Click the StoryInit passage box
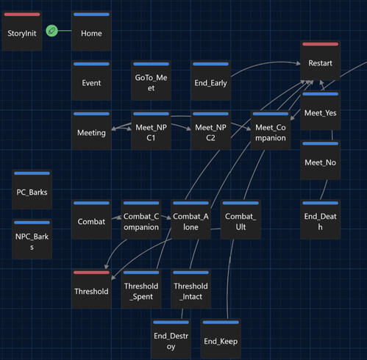pyautogui.click(x=22, y=31)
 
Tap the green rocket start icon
pyautogui.click(x=51, y=31)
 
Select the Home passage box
pyautogui.click(x=91, y=31)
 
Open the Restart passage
pyautogui.click(x=320, y=61)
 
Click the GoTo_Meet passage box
pyautogui.click(x=151, y=81)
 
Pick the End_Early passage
pyautogui.click(x=211, y=81)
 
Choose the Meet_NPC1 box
pyautogui.click(x=151, y=130)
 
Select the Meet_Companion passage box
pyautogui.click(x=271, y=130)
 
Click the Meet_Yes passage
pyautogui.click(x=320, y=110)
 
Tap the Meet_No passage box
pyautogui.click(x=320, y=160)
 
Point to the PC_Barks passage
pyautogui.click(x=32, y=190)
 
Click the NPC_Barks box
pyautogui.click(x=32, y=240)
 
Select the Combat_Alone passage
pyautogui.click(x=190, y=220)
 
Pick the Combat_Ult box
pyautogui.click(x=240, y=220)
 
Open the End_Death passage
pyautogui.click(x=320, y=220)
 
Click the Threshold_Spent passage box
pyautogui.click(x=141, y=289)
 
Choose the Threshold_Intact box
pyautogui.click(x=190, y=289)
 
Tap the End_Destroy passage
pyautogui.click(x=171, y=339)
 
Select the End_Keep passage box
pyautogui.click(x=221, y=339)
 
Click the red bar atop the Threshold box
pyautogui.click(x=91, y=273)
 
